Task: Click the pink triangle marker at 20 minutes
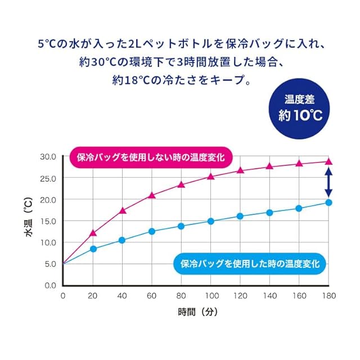tap(93, 232)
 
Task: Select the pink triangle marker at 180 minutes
tap(328, 161)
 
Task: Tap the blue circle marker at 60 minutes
tap(152, 231)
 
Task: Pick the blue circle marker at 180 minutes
tap(328, 202)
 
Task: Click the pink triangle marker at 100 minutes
tap(211, 176)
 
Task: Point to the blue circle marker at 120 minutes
tap(240, 216)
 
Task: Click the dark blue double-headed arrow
tap(328, 182)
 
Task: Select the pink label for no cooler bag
tap(150, 157)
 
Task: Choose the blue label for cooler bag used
tap(250, 263)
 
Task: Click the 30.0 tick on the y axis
tap(48, 156)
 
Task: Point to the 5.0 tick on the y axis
tap(50, 264)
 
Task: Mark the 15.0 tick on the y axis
tap(48, 221)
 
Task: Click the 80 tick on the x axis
tap(181, 295)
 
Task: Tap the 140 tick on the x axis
tap(269, 295)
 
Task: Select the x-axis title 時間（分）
tap(196, 311)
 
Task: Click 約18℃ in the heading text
tap(132, 80)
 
